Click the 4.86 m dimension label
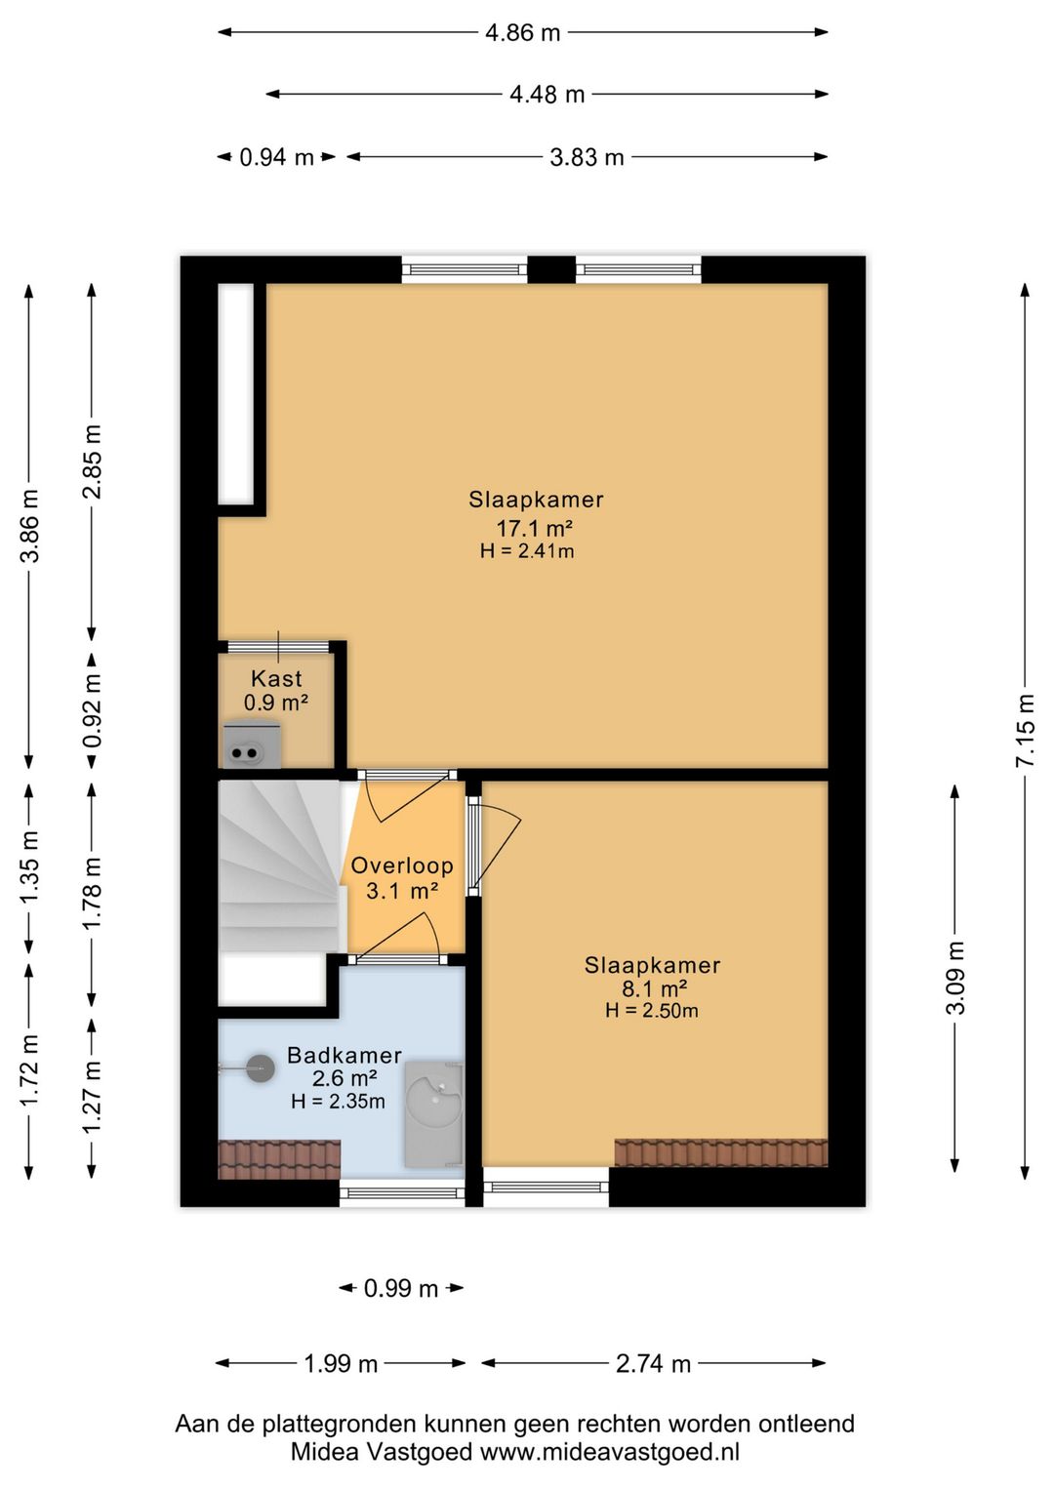[523, 32]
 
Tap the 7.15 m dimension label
[1025, 730]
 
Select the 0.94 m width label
[276, 157]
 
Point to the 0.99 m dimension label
[401, 1288]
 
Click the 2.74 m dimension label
[653, 1363]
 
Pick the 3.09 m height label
[954, 977]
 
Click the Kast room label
[276, 679]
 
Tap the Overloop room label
[402, 865]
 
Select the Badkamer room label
[345, 1055]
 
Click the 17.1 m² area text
[535, 529]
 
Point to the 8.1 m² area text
[654, 988]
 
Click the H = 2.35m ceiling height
[338, 1102]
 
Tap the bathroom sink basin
[433, 1113]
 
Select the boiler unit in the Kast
[252, 744]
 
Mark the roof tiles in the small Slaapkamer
[721, 1153]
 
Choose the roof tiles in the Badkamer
[279, 1160]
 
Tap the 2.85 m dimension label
[92, 461]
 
